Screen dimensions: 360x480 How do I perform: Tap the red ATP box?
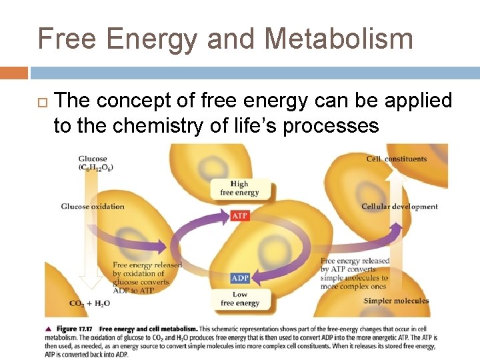click(x=240, y=216)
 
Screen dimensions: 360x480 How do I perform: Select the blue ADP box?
click(x=240, y=278)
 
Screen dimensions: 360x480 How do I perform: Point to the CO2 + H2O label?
click(x=89, y=303)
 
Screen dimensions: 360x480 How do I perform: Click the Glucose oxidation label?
click(x=93, y=207)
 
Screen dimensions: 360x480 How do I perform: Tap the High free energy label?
click(x=239, y=188)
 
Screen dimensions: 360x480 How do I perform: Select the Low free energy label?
click(x=240, y=299)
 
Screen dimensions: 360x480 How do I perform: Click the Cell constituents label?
click(x=396, y=159)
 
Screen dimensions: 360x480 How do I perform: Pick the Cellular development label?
click(x=399, y=207)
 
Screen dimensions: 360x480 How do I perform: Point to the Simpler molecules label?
click(x=396, y=301)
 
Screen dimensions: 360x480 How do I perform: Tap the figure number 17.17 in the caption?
click(x=87, y=329)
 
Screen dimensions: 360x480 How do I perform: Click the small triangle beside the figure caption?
click(x=48, y=329)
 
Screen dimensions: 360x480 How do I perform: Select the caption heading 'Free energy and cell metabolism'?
click(x=148, y=329)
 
